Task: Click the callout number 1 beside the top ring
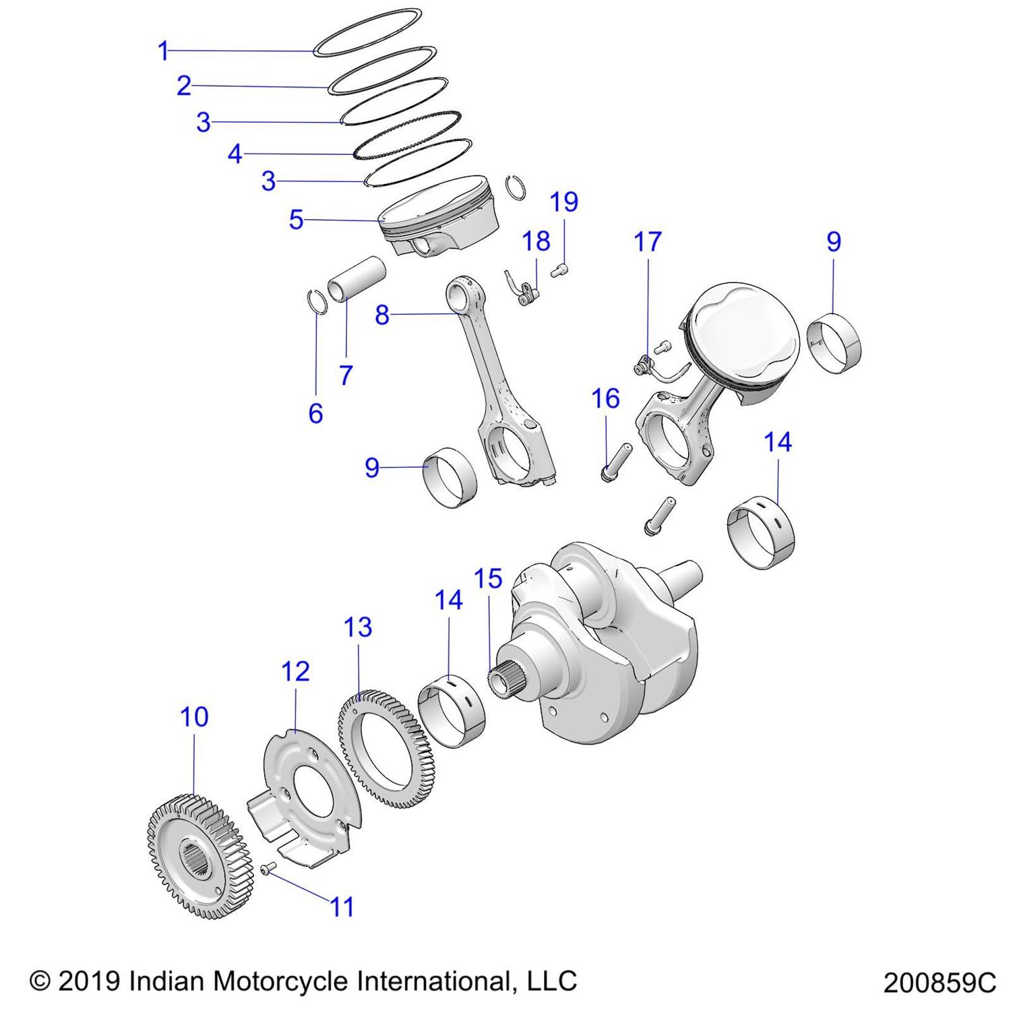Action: point(162,51)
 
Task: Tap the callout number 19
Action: point(564,202)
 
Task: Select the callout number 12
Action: point(295,671)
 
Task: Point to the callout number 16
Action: point(605,398)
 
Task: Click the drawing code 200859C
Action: point(939,983)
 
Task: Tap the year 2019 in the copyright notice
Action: point(90,981)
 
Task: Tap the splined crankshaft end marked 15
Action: point(502,682)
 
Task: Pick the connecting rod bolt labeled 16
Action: point(615,462)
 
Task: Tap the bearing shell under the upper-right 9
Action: point(834,343)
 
